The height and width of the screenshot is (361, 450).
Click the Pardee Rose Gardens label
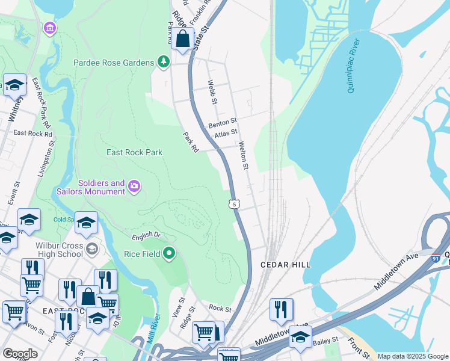[114, 62]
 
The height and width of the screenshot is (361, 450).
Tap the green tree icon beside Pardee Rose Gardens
[162, 61]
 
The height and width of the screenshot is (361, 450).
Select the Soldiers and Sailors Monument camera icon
[135, 187]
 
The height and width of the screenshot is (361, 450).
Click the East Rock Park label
[135, 152]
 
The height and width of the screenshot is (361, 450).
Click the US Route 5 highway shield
[235, 205]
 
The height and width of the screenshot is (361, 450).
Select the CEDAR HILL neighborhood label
[285, 265]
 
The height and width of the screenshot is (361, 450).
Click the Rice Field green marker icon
[170, 253]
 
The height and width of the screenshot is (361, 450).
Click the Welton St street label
[244, 155]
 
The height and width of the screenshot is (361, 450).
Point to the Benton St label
[223, 123]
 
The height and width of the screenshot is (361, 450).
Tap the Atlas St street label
[226, 133]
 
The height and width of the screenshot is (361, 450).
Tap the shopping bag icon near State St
[182, 40]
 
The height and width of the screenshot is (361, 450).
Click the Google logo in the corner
[20, 354]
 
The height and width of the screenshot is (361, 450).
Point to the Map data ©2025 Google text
[413, 356]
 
